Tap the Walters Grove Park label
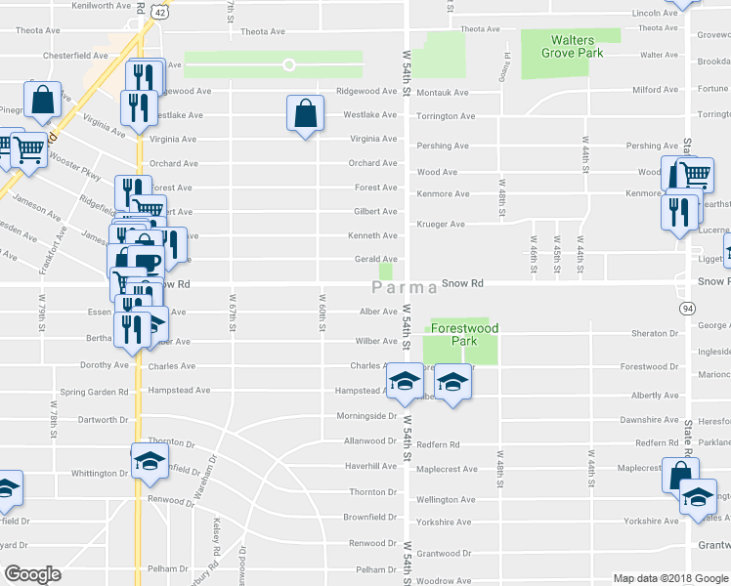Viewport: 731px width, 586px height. [x=572, y=47]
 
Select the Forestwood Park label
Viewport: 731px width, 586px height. [x=458, y=335]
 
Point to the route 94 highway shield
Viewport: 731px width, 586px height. [x=688, y=308]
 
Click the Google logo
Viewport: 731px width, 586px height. [x=33, y=573]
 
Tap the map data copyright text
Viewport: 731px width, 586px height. [x=670, y=578]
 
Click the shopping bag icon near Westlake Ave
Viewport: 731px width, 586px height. [x=305, y=113]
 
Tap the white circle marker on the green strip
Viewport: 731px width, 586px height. [x=289, y=65]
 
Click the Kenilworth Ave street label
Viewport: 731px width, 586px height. [x=102, y=6]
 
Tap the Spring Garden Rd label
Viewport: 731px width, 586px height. [x=94, y=392]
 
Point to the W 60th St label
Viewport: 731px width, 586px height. [x=322, y=314]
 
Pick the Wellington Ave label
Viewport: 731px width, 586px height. [x=446, y=500]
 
